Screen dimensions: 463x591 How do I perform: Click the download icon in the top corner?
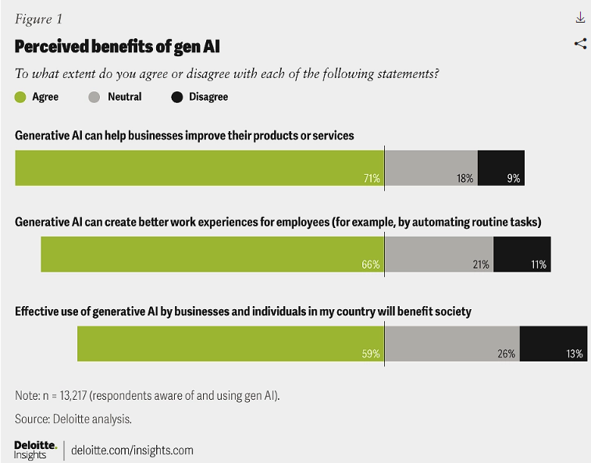580,18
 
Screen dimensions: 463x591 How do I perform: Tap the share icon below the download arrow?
580,44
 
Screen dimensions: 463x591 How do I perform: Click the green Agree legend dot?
20,98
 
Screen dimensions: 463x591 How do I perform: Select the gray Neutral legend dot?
94,98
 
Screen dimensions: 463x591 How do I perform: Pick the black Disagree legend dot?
176,98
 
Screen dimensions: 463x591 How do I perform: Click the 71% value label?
372,179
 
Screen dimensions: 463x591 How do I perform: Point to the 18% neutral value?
465,179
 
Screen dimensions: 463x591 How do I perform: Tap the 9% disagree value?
513,179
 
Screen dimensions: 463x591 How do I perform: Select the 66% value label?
371,265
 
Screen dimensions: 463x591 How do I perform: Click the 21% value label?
481,265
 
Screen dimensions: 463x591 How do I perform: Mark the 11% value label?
539,265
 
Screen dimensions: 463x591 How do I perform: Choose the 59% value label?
372,354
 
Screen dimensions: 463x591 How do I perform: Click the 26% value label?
507,354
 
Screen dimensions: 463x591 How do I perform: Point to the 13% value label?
575,354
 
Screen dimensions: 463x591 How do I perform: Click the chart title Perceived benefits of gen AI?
117,47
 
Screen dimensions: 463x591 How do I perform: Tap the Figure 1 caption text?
40,20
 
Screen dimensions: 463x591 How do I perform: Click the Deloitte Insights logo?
35,450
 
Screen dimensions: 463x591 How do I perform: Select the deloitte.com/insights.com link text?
132,451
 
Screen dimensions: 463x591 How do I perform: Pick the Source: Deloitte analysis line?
73,419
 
